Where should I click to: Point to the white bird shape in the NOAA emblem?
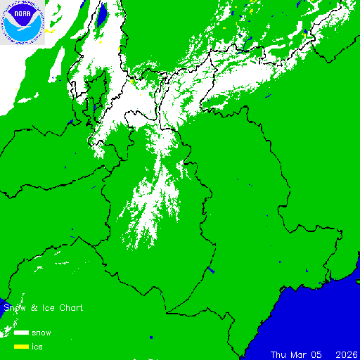pyautogui.click(x=21, y=25)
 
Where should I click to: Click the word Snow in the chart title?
pyautogui.click(x=14, y=308)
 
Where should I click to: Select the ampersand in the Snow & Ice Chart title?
pyautogui.click(x=34, y=308)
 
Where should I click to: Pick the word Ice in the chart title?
pyautogui.click(x=46, y=308)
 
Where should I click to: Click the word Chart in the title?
pyautogui.click(x=71, y=308)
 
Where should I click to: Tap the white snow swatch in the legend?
pyautogui.click(x=21, y=332)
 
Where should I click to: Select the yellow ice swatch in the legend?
pyautogui.click(x=21, y=346)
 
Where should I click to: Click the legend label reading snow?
pyautogui.click(x=41, y=333)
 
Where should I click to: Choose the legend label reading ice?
pyautogui.click(x=37, y=347)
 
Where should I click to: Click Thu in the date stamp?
pyautogui.click(x=280, y=354)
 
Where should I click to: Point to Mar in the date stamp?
pyautogui.click(x=300, y=354)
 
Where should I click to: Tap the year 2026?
pyautogui.click(x=347, y=354)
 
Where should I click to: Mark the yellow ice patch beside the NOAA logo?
pyautogui.click(x=48, y=31)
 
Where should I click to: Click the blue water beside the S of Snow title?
pyautogui.click(x=3, y=309)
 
